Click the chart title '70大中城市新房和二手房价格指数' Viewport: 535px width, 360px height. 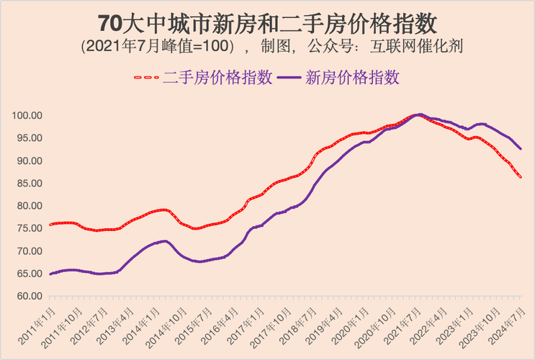point(267,23)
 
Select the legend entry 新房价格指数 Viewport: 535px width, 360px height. point(353,78)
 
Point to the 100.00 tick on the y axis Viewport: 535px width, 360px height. point(27,115)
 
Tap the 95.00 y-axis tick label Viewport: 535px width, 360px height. point(27,138)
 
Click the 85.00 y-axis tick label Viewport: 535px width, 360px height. point(27,183)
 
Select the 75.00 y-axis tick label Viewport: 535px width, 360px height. point(27,228)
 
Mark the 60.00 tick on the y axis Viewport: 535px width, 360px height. point(27,296)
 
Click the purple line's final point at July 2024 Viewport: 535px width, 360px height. point(521,149)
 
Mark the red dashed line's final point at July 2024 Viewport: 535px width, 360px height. point(521,177)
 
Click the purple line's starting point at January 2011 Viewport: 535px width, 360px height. point(50,274)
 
